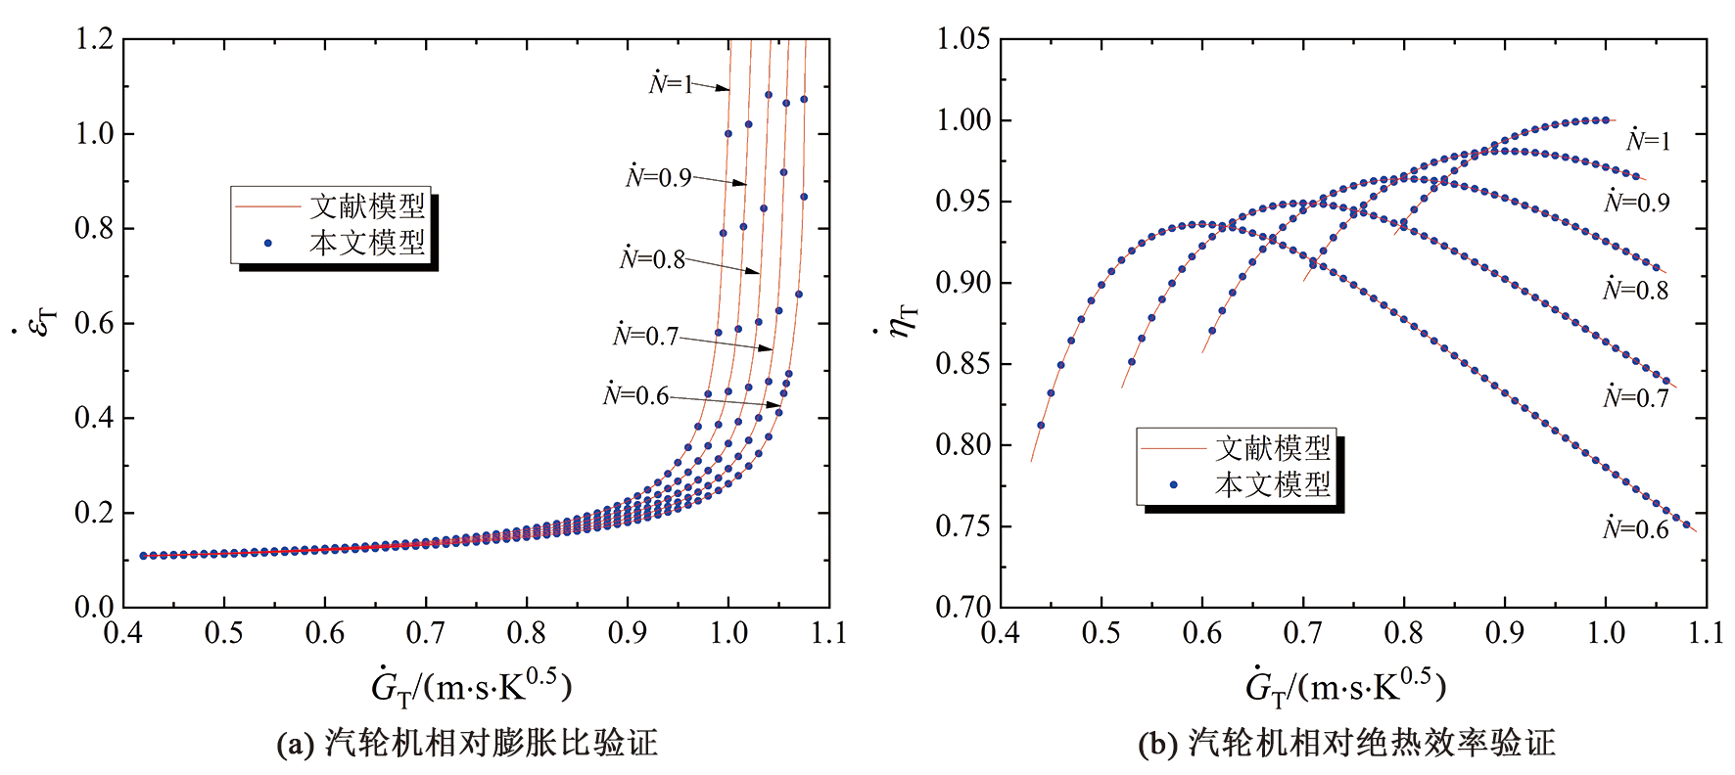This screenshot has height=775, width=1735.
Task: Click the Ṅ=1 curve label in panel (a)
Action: click(x=671, y=83)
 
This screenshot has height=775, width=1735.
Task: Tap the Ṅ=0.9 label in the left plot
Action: click(x=658, y=177)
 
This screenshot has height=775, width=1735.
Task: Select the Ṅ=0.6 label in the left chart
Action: click(x=635, y=394)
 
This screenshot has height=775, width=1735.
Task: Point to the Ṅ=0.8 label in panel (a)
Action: click(x=652, y=259)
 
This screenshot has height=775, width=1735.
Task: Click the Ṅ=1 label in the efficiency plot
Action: click(x=1648, y=141)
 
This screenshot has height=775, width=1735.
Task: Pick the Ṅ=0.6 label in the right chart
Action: click(x=1635, y=529)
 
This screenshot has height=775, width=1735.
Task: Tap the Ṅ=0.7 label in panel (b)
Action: click(x=1635, y=397)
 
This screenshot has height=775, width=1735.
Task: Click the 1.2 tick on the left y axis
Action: click(x=94, y=39)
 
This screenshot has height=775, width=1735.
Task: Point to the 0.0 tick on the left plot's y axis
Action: click(x=94, y=607)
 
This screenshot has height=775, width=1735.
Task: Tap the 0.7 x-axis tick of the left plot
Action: click(x=425, y=633)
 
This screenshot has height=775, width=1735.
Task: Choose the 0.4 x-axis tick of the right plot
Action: click(x=1000, y=633)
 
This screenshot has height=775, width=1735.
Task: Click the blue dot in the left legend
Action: click(x=267, y=243)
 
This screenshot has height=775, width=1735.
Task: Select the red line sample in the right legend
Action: click(x=1172, y=448)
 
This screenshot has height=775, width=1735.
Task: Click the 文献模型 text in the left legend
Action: click(x=367, y=206)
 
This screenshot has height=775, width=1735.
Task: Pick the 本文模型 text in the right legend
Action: click(x=1273, y=484)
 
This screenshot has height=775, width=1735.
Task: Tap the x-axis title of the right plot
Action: click(x=1345, y=687)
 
